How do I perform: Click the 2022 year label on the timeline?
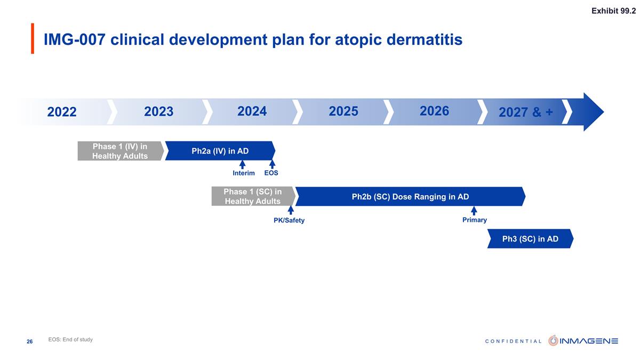[62, 112]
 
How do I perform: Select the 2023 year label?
[159, 111]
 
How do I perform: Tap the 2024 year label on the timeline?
[252, 111]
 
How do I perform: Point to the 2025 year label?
[343, 111]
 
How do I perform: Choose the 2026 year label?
[434, 111]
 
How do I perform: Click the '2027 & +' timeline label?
[525, 113]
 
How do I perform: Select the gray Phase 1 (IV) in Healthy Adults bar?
[120, 151]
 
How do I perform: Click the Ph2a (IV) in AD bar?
[220, 151]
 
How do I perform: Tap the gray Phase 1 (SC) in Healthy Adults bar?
[252, 196]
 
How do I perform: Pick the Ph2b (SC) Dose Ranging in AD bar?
[410, 196]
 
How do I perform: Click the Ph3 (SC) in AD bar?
[530, 238]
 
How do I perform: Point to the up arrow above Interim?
[242, 164]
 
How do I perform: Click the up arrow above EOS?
[272, 164]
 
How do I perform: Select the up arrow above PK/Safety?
[291, 210]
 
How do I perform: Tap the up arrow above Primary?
[474, 210]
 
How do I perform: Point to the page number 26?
[30, 341]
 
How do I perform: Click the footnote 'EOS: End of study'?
[70, 340]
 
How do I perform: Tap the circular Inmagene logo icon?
[554, 340]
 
